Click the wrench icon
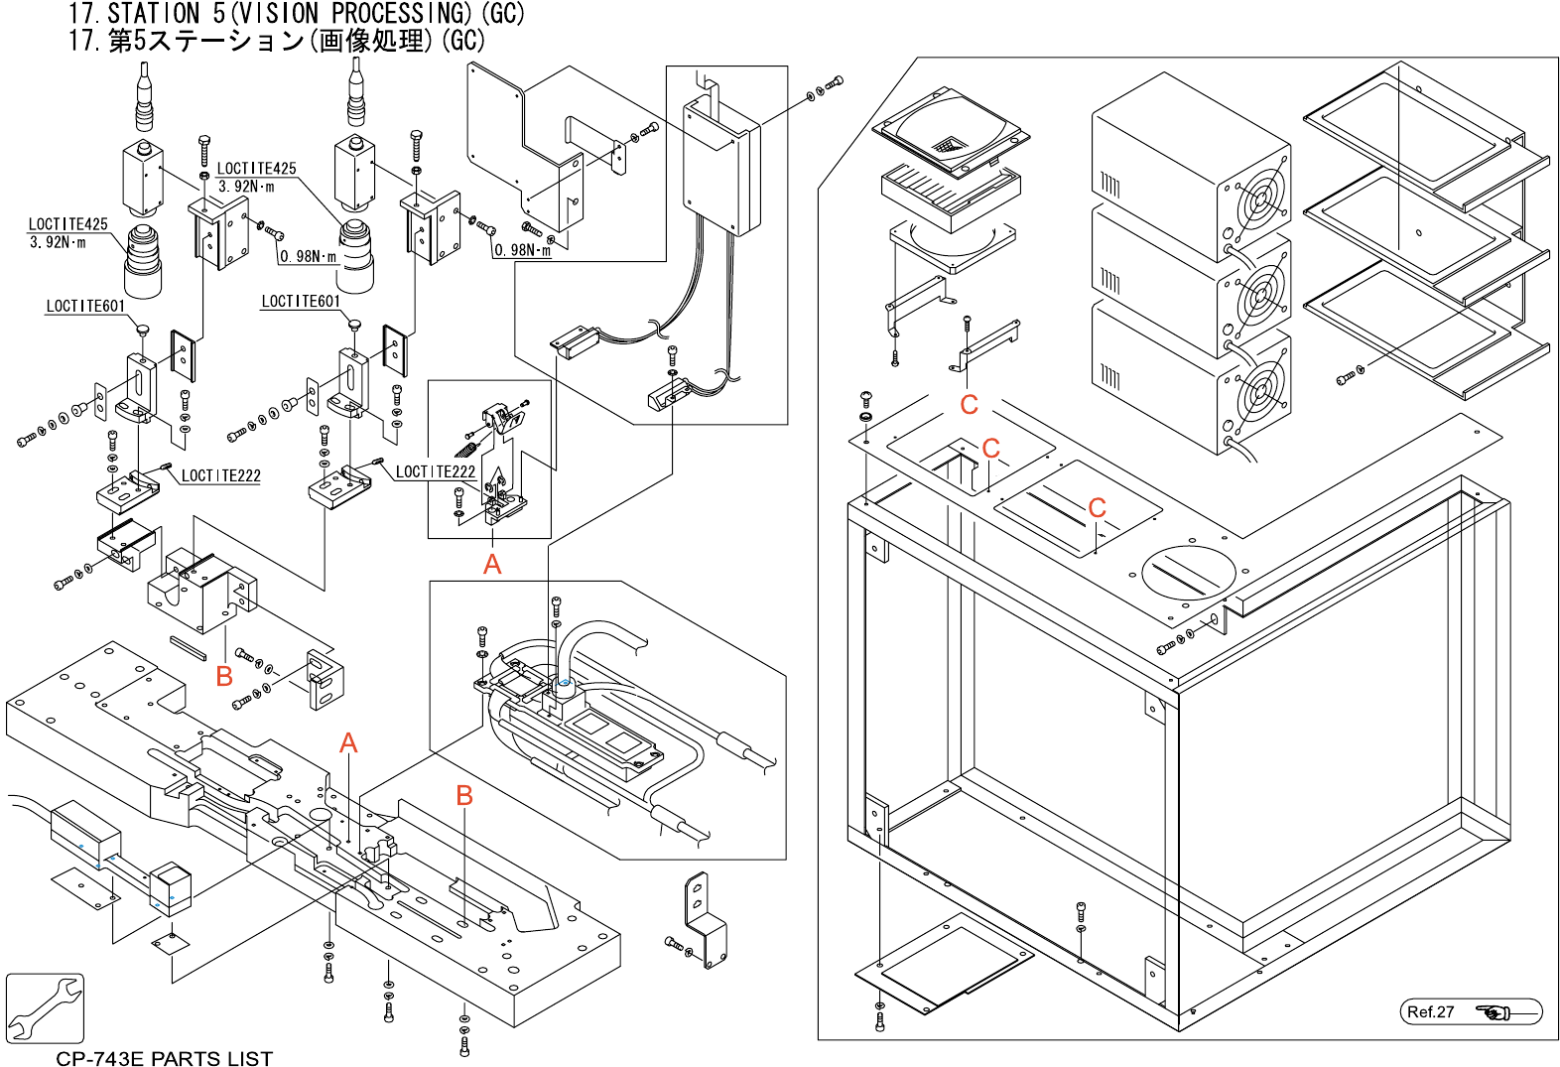point(45,1007)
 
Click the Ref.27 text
point(1430,1012)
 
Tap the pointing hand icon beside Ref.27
point(1494,1012)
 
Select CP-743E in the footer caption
point(99,1058)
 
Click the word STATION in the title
point(154,14)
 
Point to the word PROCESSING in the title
point(402,14)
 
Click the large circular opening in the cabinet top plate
point(1188,573)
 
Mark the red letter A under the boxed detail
point(492,565)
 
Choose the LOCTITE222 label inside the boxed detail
point(436,471)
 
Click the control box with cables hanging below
point(721,169)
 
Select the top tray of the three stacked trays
point(1414,129)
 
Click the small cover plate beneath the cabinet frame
point(943,963)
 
